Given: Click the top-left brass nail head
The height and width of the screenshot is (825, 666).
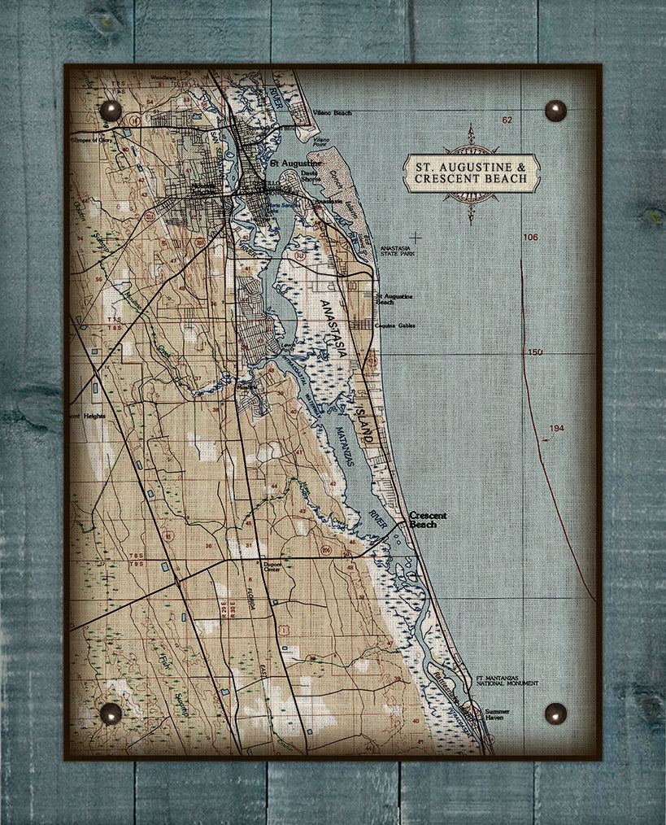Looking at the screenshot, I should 110,110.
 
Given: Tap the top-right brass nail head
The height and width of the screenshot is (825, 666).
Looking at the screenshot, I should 555,110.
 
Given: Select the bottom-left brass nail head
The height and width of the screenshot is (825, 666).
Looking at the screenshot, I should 110,714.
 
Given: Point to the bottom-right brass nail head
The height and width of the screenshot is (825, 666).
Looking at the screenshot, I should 555,714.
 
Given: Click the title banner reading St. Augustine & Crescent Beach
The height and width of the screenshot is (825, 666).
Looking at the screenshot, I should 471,173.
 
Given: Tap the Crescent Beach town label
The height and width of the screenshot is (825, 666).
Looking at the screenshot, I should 427,520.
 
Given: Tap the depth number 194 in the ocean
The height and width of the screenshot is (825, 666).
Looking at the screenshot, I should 555,428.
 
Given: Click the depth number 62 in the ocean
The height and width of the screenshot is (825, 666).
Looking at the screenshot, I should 507,120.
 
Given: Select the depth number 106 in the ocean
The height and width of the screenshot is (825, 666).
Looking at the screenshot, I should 530,237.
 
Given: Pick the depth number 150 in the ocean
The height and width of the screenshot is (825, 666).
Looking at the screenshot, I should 534,352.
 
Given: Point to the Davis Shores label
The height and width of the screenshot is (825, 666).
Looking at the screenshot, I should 310,176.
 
